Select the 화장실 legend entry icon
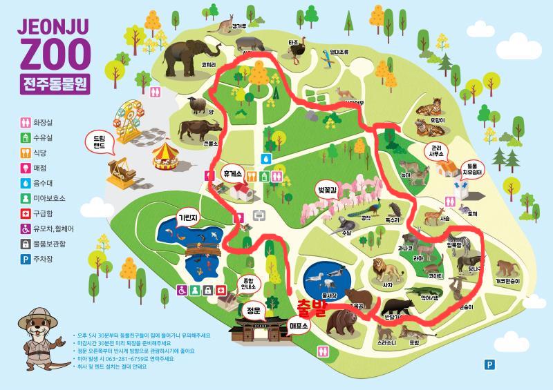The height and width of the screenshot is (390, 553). click(24, 124)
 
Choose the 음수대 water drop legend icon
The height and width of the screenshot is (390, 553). click(24, 184)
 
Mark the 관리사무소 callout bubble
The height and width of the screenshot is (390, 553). click(436, 151)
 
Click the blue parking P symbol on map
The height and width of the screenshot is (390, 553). click(489, 364)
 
